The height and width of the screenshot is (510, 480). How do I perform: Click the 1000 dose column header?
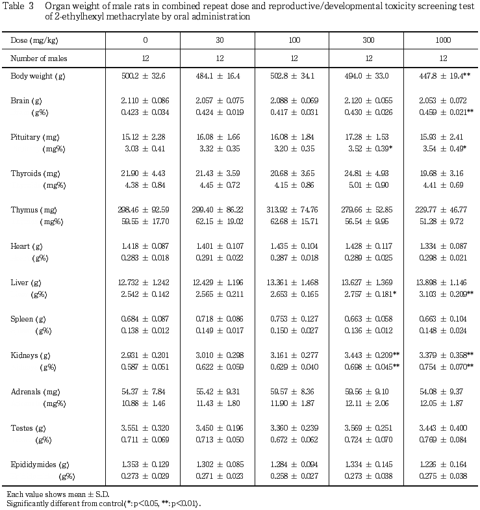click(x=443, y=40)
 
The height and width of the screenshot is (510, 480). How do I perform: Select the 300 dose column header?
click(x=368, y=40)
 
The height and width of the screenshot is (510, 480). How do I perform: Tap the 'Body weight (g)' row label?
click(x=38, y=76)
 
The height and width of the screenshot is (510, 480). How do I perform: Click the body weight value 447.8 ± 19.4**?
click(x=445, y=76)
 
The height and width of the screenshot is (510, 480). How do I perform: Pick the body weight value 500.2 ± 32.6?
click(x=144, y=76)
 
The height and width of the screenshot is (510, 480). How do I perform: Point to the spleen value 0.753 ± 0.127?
click(x=294, y=319)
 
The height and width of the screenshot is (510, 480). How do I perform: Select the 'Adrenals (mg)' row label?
click(x=36, y=392)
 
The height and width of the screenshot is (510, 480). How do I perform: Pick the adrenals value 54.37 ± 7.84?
click(x=144, y=392)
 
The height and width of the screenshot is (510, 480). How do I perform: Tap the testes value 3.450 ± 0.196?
click(x=220, y=428)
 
